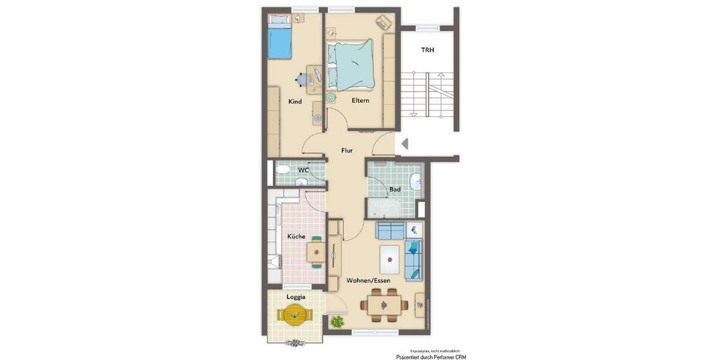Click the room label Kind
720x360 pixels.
click(x=295, y=101)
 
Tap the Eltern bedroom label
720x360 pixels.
click(x=361, y=100)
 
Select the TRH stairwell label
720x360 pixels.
click(x=428, y=50)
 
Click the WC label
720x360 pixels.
click(x=304, y=170)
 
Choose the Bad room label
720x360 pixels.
click(x=395, y=189)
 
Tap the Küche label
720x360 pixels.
click(x=296, y=236)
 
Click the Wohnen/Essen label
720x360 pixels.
click(x=368, y=280)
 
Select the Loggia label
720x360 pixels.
click(x=296, y=296)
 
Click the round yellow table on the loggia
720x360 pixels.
click(x=295, y=314)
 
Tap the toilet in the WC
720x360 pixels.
click(x=283, y=170)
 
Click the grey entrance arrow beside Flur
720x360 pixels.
click(x=405, y=143)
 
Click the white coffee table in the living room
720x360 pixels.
click(x=391, y=259)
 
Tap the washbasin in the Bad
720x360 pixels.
click(x=415, y=180)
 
